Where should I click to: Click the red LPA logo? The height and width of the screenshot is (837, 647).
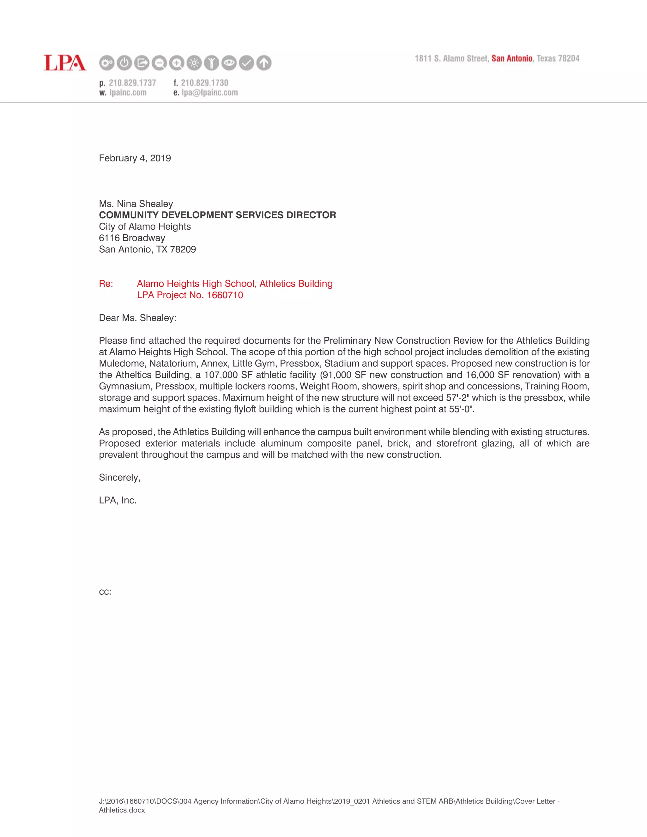(x=65, y=63)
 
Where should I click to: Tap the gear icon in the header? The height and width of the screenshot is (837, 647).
(x=106, y=63)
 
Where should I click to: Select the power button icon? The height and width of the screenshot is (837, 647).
(x=124, y=63)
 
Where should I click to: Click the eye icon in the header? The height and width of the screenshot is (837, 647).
(x=229, y=63)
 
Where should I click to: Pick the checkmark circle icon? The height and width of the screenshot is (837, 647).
(x=246, y=63)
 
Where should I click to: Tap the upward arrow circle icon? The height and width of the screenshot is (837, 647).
(x=264, y=63)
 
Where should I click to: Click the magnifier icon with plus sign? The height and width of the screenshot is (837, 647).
(x=177, y=63)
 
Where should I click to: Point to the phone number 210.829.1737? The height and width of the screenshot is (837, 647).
(x=132, y=83)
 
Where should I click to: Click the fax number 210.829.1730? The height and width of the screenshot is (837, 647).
(x=204, y=83)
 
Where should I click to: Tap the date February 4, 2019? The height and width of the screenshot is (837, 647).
(x=135, y=158)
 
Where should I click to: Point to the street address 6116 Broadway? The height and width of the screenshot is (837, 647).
(x=132, y=238)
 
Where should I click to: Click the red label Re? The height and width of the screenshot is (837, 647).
(x=106, y=284)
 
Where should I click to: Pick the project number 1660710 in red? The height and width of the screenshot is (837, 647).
(x=225, y=295)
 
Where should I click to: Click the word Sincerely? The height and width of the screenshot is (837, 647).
(x=119, y=478)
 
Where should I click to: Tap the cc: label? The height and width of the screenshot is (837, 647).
(x=105, y=591)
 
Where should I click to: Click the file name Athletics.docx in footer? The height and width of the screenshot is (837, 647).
(x=122, y=810)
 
